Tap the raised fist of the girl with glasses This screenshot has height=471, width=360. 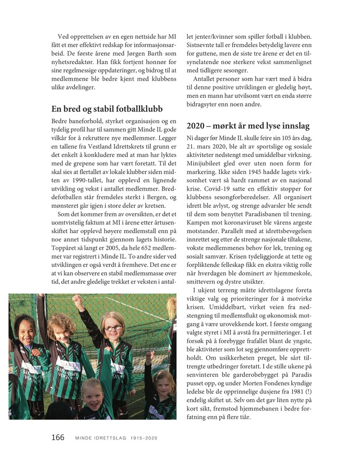(x=79, y=301)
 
